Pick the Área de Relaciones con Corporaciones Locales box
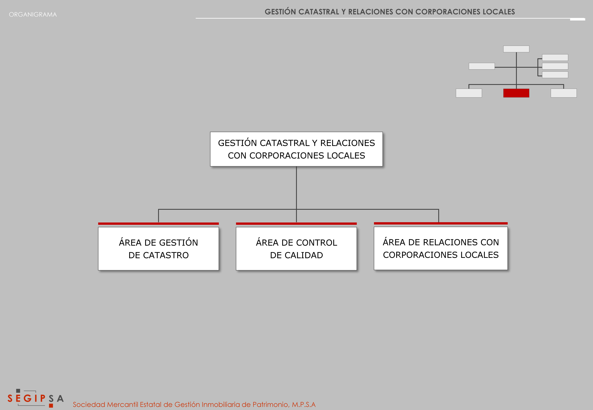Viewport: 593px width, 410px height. click(x=441, y=248)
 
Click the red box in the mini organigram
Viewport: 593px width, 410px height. click(x=516, y=93)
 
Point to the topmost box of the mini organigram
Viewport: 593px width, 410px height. click(x=516, y=49)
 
